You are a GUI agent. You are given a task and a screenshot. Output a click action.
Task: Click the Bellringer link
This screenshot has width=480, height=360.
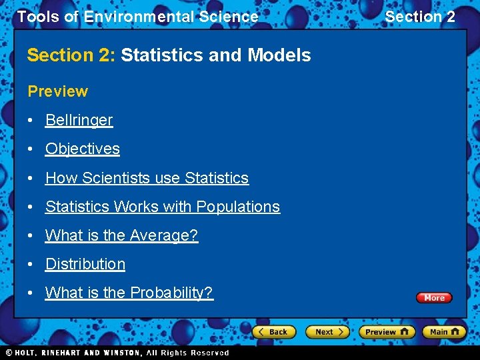coord(79,121)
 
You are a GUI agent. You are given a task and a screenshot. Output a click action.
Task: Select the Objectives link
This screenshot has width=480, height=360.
coord(82,149)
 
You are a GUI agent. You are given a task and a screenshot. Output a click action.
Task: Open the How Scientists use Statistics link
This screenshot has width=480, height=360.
coord(147,178)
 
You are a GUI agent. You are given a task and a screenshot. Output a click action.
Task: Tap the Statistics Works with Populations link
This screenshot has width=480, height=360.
coord(162,207)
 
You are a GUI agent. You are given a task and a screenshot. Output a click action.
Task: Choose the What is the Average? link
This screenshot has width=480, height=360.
coord(121,235)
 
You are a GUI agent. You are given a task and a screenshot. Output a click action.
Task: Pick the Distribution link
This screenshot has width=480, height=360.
coord(85,264)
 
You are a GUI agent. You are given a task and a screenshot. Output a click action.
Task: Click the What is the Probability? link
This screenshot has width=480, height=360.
coord(129,293)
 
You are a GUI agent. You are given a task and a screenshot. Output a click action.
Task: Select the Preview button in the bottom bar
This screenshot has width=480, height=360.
coord(387,331)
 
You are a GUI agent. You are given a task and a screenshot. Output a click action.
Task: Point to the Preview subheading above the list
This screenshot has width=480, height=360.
coord(57,91)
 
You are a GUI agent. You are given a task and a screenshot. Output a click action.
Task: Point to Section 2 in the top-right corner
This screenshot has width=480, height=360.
coord(420,17)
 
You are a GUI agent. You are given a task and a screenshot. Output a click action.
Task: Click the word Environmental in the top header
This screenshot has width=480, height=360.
coord(127,17)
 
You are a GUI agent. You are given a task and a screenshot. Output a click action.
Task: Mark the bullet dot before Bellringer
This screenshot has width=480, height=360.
coord(31,121)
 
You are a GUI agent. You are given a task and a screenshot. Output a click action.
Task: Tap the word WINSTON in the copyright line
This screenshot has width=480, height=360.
coord(121,353)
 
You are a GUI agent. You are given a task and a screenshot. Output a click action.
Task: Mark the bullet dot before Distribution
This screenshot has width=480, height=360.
coord(31,265)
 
